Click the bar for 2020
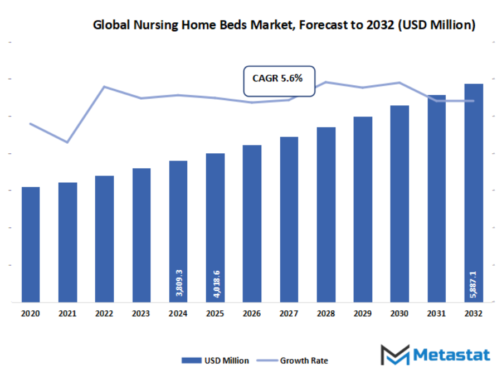pyautogui.click(x=31, y=245)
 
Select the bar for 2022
pyautogui.click(x=104, y=239)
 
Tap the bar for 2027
pyautogui.click(x=289, y=220)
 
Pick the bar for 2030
pyautogui.click(x=399, y=204)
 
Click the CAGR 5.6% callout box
pyautogui.click(x=279, y=79)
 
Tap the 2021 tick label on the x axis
pyautogui.click(x=67, y=314)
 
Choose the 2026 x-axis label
pyautogui.click(x=252, y=314)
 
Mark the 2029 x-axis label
pyautogui.click(x=363, y=314)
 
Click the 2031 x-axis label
pyautogui.click(x=436, y=314)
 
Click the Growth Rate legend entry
pyautogui.click(x=296, y=360)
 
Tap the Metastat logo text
pyautogui.click(x=452, y=355)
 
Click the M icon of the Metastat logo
pyautogui.click(x=394, y=355)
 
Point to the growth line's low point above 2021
pyautogui.click(x=67, y=143)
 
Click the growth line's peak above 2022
pyautogui.click(x=104, y=86)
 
